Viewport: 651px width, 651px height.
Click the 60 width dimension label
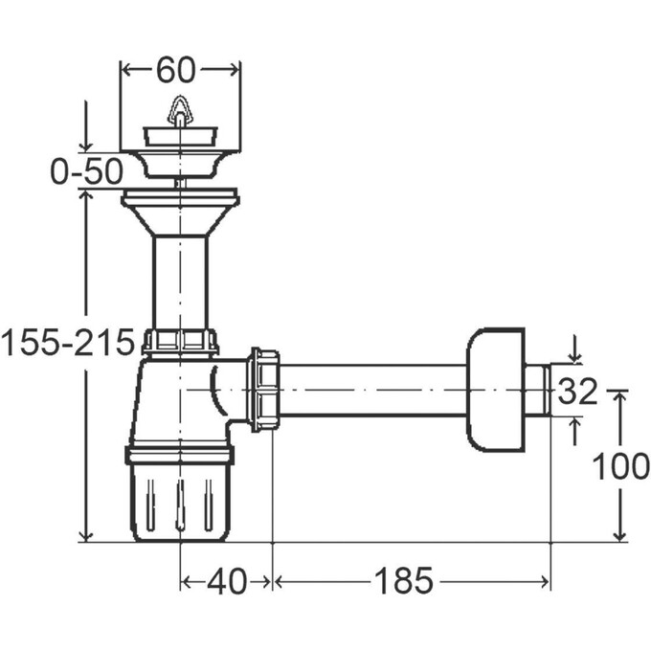175,70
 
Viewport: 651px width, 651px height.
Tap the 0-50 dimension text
87,171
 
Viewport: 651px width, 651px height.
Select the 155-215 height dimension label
68,343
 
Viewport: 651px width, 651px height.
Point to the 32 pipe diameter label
577,392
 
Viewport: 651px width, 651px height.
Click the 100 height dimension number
620,466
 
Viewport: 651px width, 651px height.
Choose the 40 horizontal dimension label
227,582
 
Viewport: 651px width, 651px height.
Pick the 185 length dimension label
404,581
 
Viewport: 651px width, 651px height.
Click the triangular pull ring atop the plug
180,110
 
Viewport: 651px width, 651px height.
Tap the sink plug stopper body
180,136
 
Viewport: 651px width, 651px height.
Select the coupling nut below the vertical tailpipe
180,342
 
